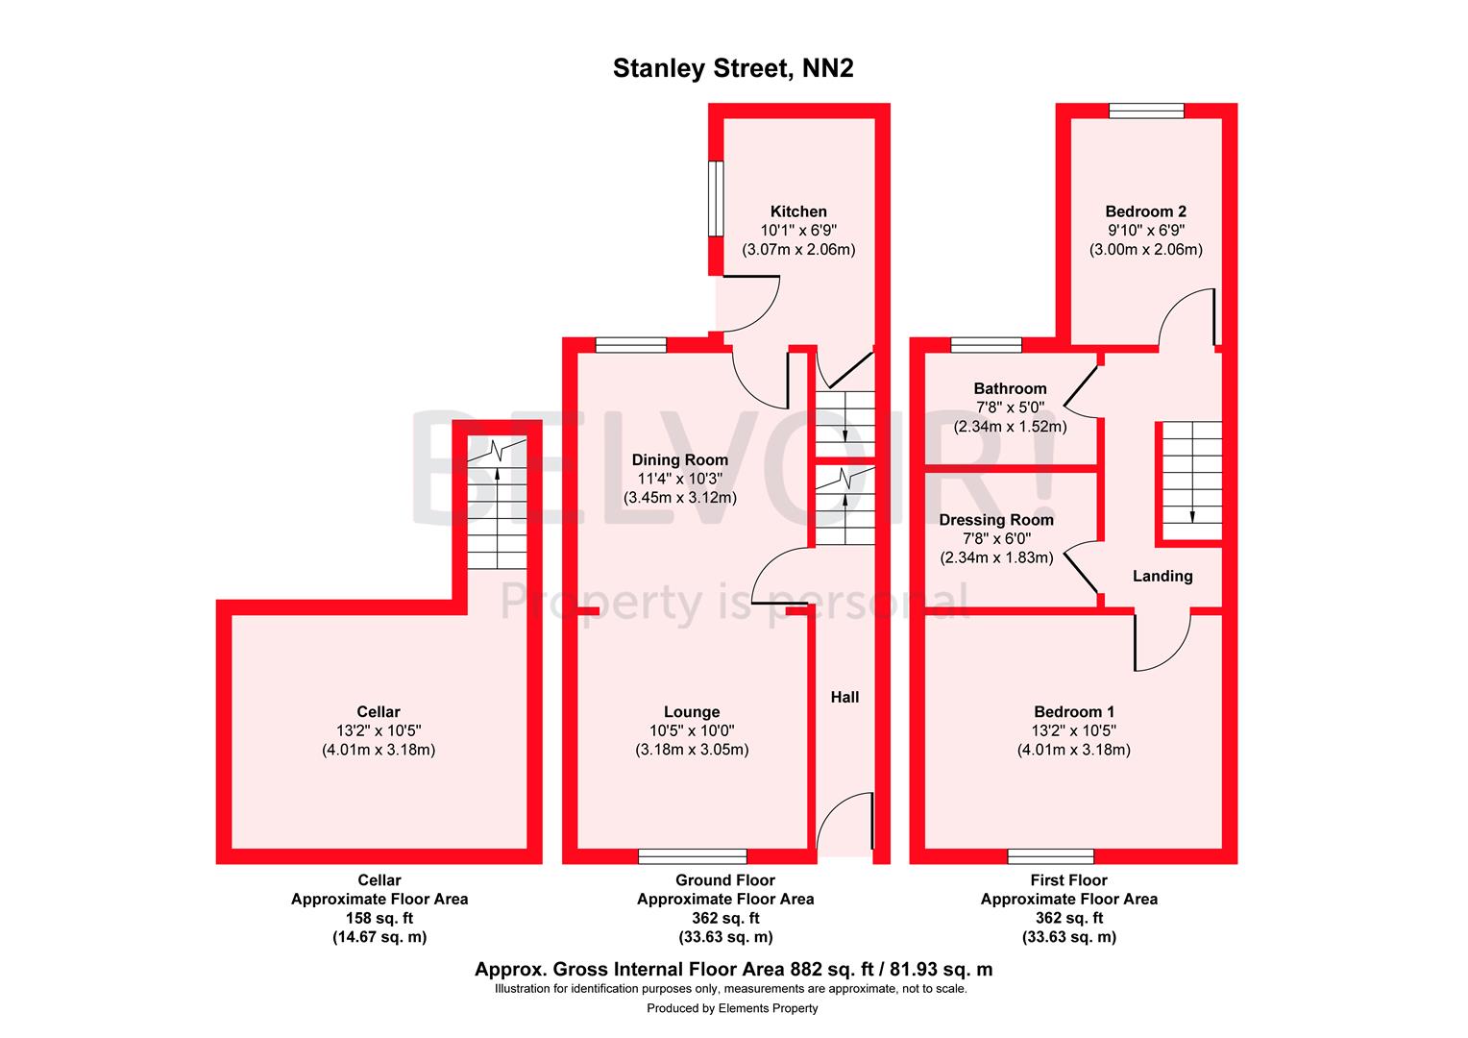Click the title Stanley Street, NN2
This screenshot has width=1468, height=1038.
tap(733, 69)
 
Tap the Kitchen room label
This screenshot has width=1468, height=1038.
tap(798, 211)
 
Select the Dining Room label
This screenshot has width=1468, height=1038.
tap(679, 459)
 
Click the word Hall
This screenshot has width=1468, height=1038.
tap(844, 697)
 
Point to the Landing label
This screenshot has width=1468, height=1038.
tap(1162, 576)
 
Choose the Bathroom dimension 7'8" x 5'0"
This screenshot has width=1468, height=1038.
tap(1010, 408)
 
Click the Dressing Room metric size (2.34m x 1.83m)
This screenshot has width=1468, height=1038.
tap(996, 557)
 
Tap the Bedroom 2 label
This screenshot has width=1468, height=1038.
tap(1145, 211)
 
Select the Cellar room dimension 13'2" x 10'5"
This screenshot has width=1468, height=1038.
tap(379, 730)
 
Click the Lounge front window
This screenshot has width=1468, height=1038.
tap(693, 855)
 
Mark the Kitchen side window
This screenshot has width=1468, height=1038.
tap(716, 197)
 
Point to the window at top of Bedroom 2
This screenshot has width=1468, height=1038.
tap(1146, 111)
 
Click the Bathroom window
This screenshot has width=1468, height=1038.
tap(986, 345)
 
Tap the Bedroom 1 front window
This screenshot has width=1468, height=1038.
tap(1050, 855)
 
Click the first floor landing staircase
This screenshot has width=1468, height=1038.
tap(1192, 481)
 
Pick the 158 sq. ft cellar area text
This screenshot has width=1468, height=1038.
tap(379, 918)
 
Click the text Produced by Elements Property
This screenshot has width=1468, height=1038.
tap(732, 1008)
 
